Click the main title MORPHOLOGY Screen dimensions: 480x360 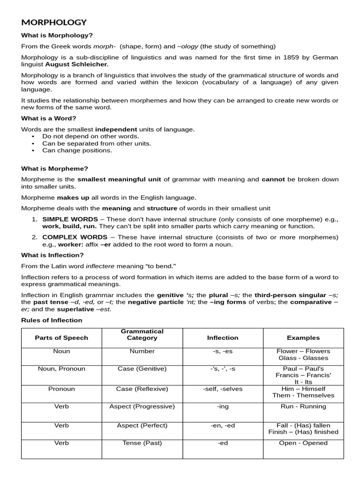54,22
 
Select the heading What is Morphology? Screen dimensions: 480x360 57,35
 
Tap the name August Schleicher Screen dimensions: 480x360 76,64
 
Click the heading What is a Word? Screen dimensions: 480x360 48,118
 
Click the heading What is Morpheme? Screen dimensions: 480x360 54,168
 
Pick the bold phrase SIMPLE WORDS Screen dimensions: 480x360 70,219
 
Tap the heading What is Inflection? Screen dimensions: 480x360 52,255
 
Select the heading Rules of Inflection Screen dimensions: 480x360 52,320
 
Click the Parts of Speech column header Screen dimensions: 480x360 61,337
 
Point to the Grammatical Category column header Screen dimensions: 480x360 142,334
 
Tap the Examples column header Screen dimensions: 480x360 303,337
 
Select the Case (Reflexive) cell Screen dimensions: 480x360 142,389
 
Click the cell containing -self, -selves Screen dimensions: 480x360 223,389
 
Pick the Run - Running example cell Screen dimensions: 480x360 303,406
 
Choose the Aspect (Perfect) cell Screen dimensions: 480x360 142,425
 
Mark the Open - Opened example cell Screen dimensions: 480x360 303,443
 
